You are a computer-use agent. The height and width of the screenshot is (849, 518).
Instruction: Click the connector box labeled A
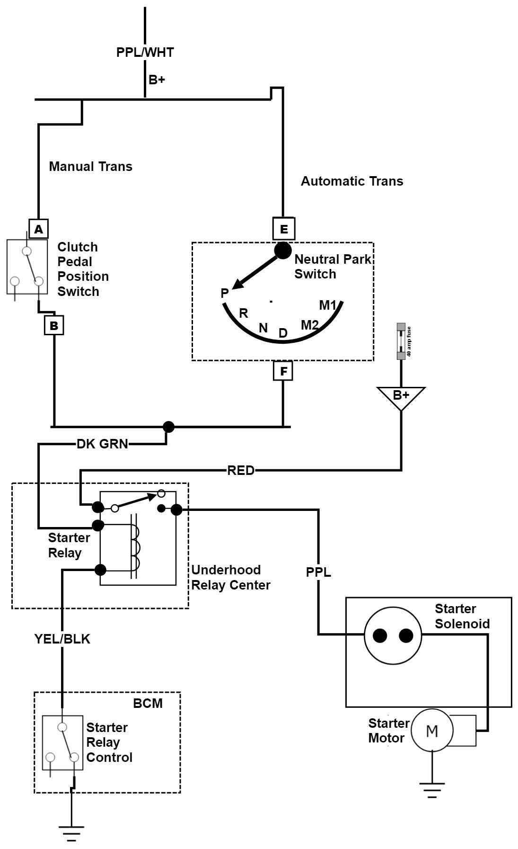pyautogui.click(x=39, y=229)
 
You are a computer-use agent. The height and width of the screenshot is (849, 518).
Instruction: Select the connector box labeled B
pyautogui.click(x=54, y=326)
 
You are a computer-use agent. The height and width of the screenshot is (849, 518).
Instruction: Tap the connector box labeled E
pyautogui.click(x=284, y=229)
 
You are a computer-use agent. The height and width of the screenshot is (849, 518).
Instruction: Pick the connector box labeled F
pyautogui.click(x=283, y=371)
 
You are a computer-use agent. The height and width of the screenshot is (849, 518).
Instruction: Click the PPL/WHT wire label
pyautogui.click(x=145, y=52)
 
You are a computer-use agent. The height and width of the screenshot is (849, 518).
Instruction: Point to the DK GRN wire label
pyautogui.click(x=102, y=444)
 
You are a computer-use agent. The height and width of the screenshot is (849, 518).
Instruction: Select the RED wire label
pyautogui.click(x=241, y=470)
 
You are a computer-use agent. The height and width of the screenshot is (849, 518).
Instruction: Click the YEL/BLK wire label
pyautogui.click(x=62, y=639)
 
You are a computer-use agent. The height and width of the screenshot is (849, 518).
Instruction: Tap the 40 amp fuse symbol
pyautogui.click(x=401, y=341)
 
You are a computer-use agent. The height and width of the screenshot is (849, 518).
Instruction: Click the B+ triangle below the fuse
pyautogui.click(x=401, y=396)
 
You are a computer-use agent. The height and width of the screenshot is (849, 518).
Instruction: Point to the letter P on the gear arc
pyautogui.click(x=225, y=294)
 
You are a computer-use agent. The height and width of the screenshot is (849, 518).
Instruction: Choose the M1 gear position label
pyautogui.click(x=327, y=305)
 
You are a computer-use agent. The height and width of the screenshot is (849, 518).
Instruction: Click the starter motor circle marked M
pyautogui.click(x=432, y=731)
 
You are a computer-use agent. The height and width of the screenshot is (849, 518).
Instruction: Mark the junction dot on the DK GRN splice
pyautogui.click(x=168, y=427)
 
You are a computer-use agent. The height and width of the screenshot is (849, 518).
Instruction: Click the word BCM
pyautogui.click(x=148, y=703)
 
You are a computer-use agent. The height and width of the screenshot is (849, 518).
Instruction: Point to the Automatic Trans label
pyautogui.click(x=352, y=181)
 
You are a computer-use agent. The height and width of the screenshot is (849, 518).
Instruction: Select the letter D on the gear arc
pyautogui.click(x=283, y=333)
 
